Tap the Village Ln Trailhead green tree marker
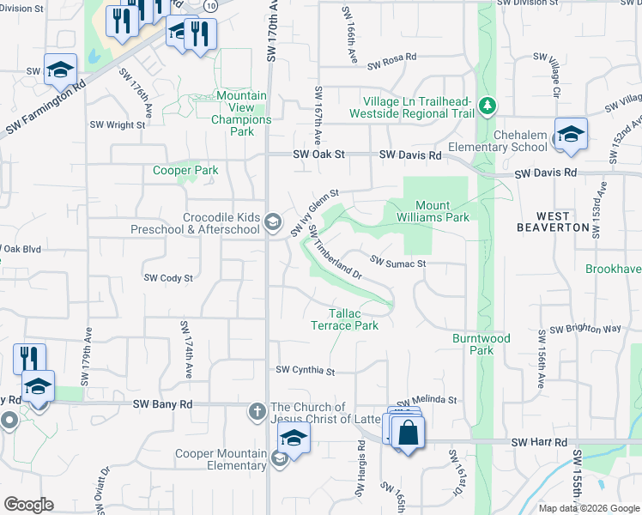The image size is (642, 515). [488, 106]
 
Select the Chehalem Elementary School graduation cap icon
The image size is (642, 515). [570, 134]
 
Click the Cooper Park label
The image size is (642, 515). [185, 171]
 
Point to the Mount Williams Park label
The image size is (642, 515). [442, 211]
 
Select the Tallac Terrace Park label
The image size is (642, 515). [343, 319]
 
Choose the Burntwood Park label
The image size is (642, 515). [481, 344]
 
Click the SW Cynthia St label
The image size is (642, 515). [305, 371]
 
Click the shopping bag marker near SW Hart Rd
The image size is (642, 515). [409, 433]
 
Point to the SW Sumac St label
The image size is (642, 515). [398, 261]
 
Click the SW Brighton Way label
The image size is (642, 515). [585, 329]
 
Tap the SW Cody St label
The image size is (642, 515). [168, 278]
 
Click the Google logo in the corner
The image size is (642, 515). [28, 505]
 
